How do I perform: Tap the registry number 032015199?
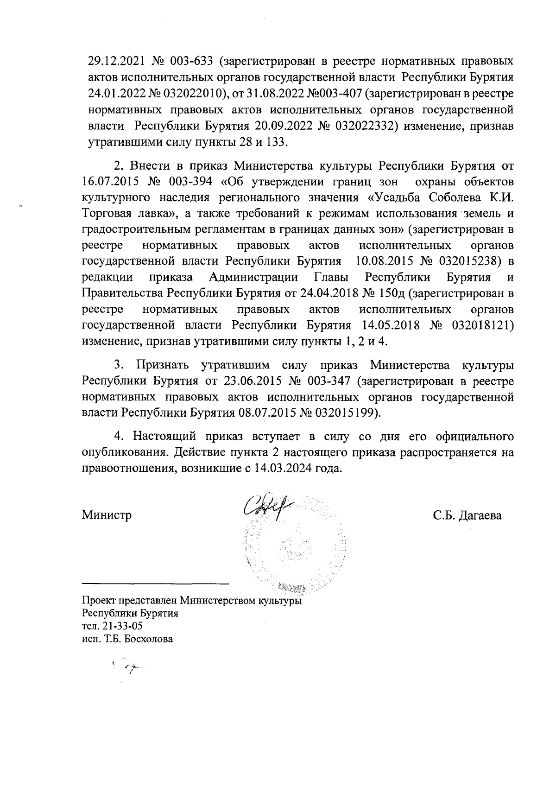click(x=345, y=413)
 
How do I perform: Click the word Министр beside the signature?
click(x=107, y=515)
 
